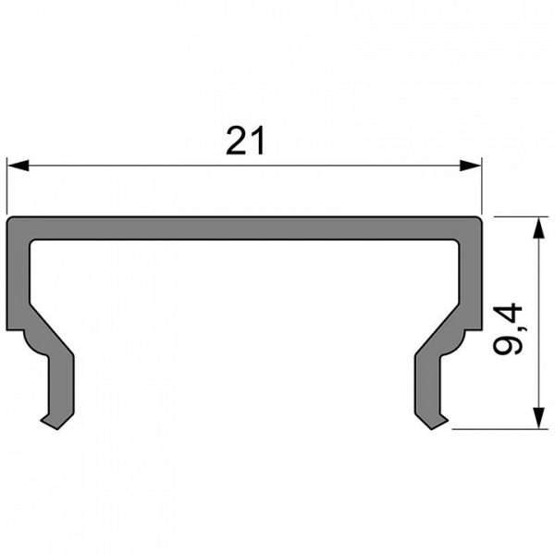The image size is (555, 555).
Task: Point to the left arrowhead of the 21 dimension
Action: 14,166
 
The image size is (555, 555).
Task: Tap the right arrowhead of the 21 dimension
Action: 475,166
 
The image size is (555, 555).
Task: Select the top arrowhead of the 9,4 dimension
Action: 536,224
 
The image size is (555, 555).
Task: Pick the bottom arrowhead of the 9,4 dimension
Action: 536,422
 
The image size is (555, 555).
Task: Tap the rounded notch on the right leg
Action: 453,347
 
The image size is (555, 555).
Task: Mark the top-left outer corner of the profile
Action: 8,219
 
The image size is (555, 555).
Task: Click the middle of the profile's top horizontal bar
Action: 245,229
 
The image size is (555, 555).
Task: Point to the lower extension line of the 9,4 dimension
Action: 499,429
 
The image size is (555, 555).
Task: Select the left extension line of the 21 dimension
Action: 6,185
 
